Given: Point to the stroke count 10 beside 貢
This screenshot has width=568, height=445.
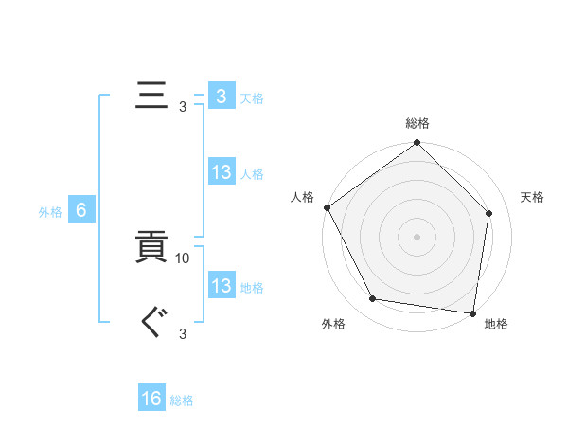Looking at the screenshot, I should [184, 258].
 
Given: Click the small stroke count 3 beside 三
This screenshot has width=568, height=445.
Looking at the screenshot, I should [183, 106].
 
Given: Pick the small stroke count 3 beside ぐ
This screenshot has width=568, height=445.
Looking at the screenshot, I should [183, 333].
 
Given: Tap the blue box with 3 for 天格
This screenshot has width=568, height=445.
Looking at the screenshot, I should [221, 96].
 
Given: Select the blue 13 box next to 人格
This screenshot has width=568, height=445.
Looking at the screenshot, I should [221, 172].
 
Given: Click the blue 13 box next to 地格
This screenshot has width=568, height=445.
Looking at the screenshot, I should [221, 286].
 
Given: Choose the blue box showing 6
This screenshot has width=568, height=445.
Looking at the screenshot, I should [81, 210].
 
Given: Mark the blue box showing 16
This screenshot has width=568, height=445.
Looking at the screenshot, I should [151, 399].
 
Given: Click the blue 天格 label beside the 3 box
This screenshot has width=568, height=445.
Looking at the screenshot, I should [252, 98].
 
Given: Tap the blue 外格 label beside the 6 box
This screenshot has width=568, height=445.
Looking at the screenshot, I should [50, 212].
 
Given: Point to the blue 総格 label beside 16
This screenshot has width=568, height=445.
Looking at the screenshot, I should [182, 400].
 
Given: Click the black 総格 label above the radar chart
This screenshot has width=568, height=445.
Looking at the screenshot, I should [417, 124].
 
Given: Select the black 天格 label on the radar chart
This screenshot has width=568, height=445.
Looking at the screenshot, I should [532, 197].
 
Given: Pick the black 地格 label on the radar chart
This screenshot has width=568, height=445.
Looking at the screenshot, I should [496, 324].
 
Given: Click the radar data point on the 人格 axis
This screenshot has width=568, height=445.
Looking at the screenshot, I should [328, 207].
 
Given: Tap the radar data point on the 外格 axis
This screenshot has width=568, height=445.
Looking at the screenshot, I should [374, 299].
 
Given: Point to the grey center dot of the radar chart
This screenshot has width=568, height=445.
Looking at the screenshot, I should [417, 236].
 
